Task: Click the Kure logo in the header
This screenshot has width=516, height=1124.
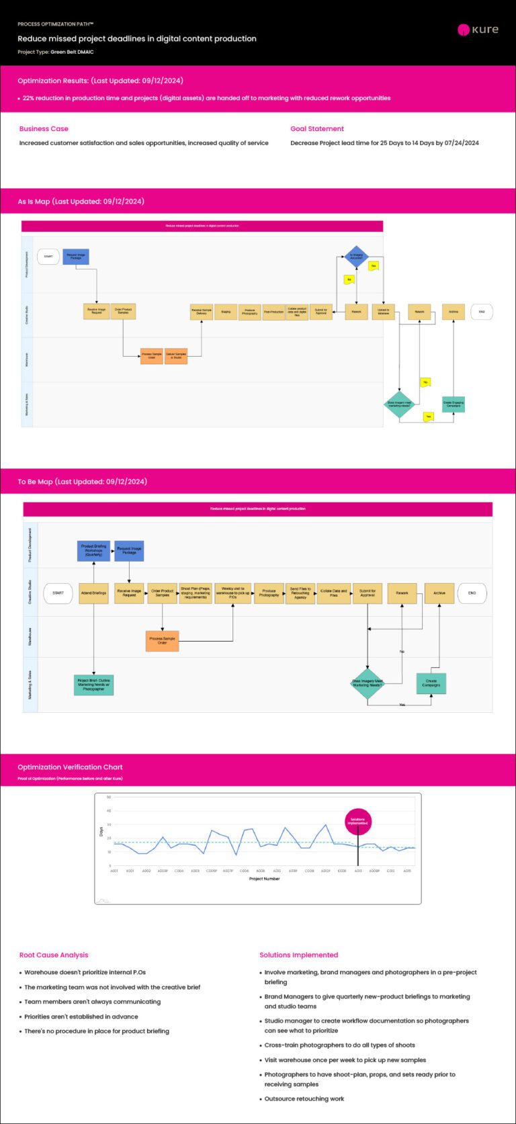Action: pos(478,30)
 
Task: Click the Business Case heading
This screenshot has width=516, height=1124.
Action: pos(44,128)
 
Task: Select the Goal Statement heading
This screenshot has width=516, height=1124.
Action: pos(317,128)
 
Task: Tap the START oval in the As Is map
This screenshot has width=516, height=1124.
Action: pos(48,257)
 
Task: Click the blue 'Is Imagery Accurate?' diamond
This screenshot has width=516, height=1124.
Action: pos(356,256)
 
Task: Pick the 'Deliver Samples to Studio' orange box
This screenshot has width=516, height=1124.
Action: pos(176,356)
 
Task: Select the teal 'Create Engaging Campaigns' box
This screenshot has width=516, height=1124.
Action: pos(454,404)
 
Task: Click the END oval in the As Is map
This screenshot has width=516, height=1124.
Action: pos(482,312)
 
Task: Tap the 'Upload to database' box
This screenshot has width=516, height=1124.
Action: pos(383,312)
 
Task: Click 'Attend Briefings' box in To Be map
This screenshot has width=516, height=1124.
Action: pos(93,593)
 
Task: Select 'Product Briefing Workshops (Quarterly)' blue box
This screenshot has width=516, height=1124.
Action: pos(93,551)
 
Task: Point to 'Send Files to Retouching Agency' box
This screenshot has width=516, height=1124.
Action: pos(300,593)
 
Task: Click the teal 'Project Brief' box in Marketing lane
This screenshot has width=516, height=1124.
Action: pos(93,685)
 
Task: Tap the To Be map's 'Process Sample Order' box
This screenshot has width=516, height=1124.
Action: pos(162,641)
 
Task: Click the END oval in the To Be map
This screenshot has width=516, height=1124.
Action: pos(472,593)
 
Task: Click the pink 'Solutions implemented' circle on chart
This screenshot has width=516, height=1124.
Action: pos(357,821)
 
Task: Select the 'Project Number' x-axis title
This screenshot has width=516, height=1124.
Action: pos(264,879)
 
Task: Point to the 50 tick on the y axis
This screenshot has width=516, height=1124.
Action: pos(109,797)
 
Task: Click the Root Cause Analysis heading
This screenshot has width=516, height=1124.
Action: pos(54,955)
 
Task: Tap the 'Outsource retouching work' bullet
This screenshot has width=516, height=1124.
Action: pos(304,1098)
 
